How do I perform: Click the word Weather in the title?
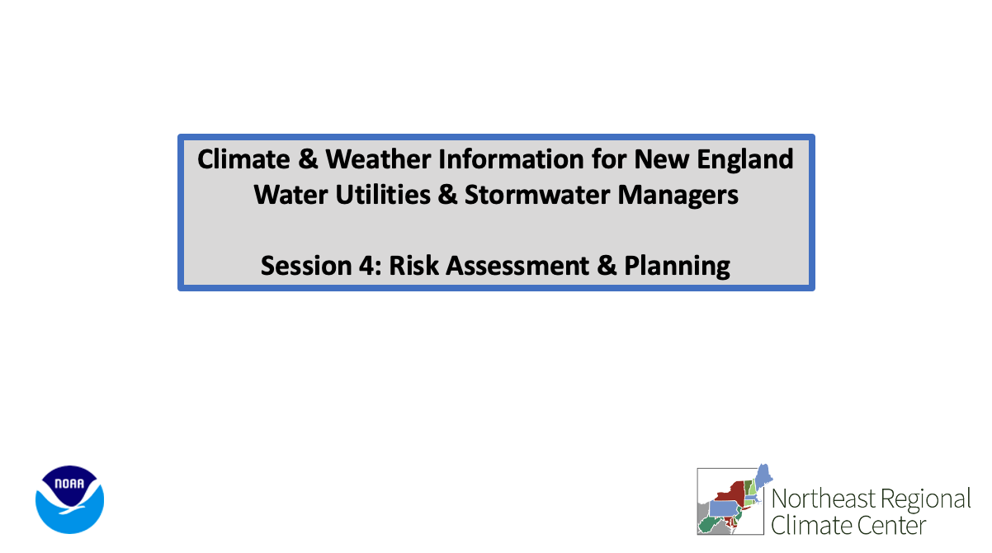[378, 159]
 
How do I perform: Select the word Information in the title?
[511, 159]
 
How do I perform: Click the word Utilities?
[383, 195]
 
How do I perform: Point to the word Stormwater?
[537, 195]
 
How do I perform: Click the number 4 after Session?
[366, 266]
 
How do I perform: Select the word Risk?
[413, 266]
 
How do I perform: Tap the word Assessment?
[517, 266]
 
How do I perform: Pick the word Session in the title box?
[306, 266]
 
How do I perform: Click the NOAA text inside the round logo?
[69, 484]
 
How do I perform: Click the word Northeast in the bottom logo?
[824, 499]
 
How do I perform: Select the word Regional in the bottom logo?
[926, 500]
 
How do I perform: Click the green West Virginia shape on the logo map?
[710, 525]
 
